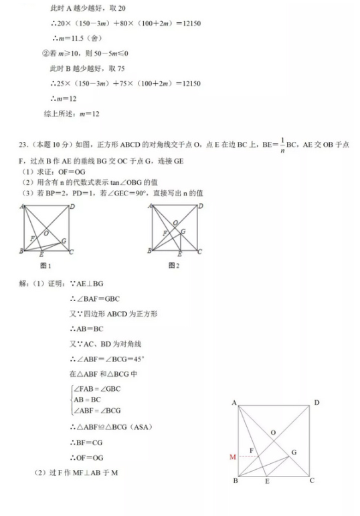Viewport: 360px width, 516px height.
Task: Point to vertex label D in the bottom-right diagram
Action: click(317, 402)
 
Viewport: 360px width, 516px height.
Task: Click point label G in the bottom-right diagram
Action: click(293, 453)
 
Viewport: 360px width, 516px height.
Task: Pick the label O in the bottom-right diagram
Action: click(273, 432)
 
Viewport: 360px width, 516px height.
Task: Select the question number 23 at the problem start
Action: click(22, 144)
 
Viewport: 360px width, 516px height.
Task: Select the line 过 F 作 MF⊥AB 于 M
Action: click(80, 474)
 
